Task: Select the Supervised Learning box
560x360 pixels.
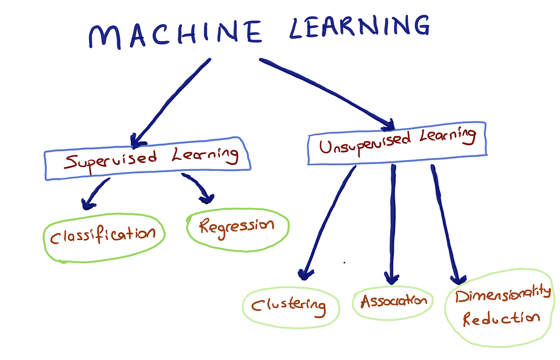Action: [x=147, y=159]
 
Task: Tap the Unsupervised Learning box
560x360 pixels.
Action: [x=397, y=143]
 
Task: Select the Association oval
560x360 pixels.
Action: [x=393, y=301]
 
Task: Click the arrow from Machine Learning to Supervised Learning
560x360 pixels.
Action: [x=170, y=100]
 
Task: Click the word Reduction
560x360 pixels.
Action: [x=500, y=319]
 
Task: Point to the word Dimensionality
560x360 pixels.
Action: [x=503, y=296]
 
